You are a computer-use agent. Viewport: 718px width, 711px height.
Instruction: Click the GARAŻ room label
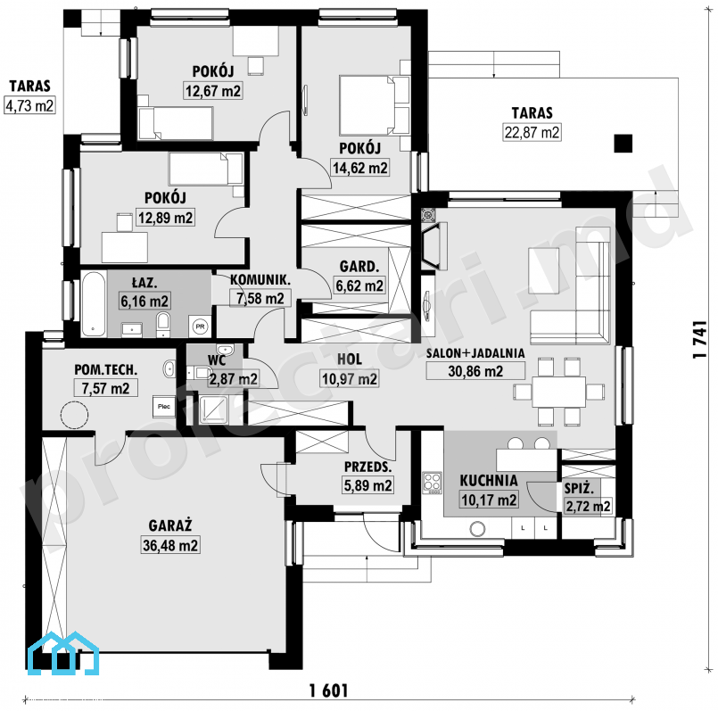tap(169, 525)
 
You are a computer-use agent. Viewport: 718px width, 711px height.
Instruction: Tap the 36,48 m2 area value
tap(170, 545)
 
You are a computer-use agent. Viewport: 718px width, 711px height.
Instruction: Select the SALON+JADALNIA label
tap(475, 353)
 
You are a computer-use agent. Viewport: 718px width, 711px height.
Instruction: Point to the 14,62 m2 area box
tap(360, 168)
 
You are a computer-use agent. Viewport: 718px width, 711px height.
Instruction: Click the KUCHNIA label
tap(489, 481)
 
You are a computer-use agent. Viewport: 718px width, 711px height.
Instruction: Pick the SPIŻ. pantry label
tap(579, 488)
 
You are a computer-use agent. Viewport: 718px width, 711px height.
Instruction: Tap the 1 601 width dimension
tap(329, 690)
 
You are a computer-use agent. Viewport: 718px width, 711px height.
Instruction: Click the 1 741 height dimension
tap(699, 339)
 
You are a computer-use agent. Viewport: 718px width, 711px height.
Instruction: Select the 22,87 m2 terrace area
tap(532, 132)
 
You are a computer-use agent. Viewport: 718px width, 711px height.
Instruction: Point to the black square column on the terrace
tap(623, 144)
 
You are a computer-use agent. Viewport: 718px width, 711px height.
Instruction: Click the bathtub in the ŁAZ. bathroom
tap(94, 304)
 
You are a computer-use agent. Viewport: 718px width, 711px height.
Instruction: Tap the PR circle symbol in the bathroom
tap(200, 327)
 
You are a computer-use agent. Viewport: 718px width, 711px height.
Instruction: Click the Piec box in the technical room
tap(164, 407)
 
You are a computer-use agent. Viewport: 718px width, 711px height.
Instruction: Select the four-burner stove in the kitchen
tap(433, 484)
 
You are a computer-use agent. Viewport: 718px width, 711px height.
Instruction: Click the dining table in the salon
tap(558, 392)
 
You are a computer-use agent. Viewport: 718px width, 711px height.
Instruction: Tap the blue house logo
tap(63, 653)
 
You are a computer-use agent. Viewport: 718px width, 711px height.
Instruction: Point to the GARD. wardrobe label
tap(359, 266)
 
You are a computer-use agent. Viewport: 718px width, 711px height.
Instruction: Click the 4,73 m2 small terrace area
tap(29, 105)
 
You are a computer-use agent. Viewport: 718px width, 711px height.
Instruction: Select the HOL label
tap(350, 360)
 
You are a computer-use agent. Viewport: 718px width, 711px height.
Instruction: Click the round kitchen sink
tap(477, 529)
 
